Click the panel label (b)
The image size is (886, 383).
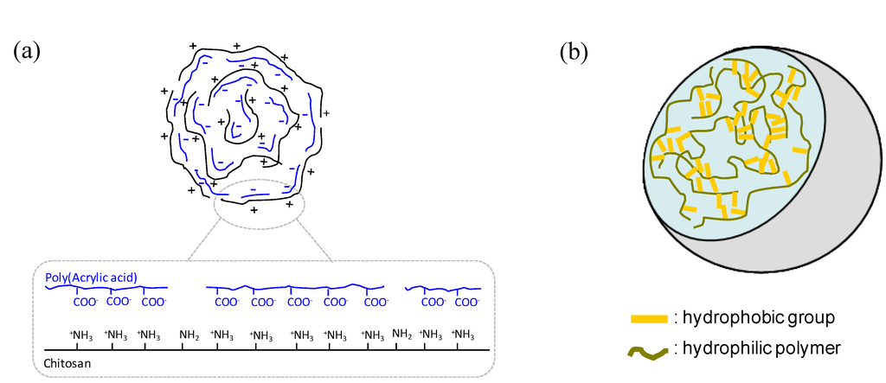coord(574,52)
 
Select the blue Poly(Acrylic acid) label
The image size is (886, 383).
coord(93,277)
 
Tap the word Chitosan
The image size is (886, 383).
coord(67,363)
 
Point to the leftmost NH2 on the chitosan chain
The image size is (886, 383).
coord(189,334)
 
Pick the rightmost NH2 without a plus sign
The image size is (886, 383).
coord(402,334)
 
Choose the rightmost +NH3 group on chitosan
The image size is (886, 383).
coord(465,334)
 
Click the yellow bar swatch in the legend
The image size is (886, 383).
coord(650,318)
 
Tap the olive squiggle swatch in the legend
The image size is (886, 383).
coord(650,351)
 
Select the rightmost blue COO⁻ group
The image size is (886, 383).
coord(467,303)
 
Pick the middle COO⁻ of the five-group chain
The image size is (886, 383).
coord(299,303)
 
